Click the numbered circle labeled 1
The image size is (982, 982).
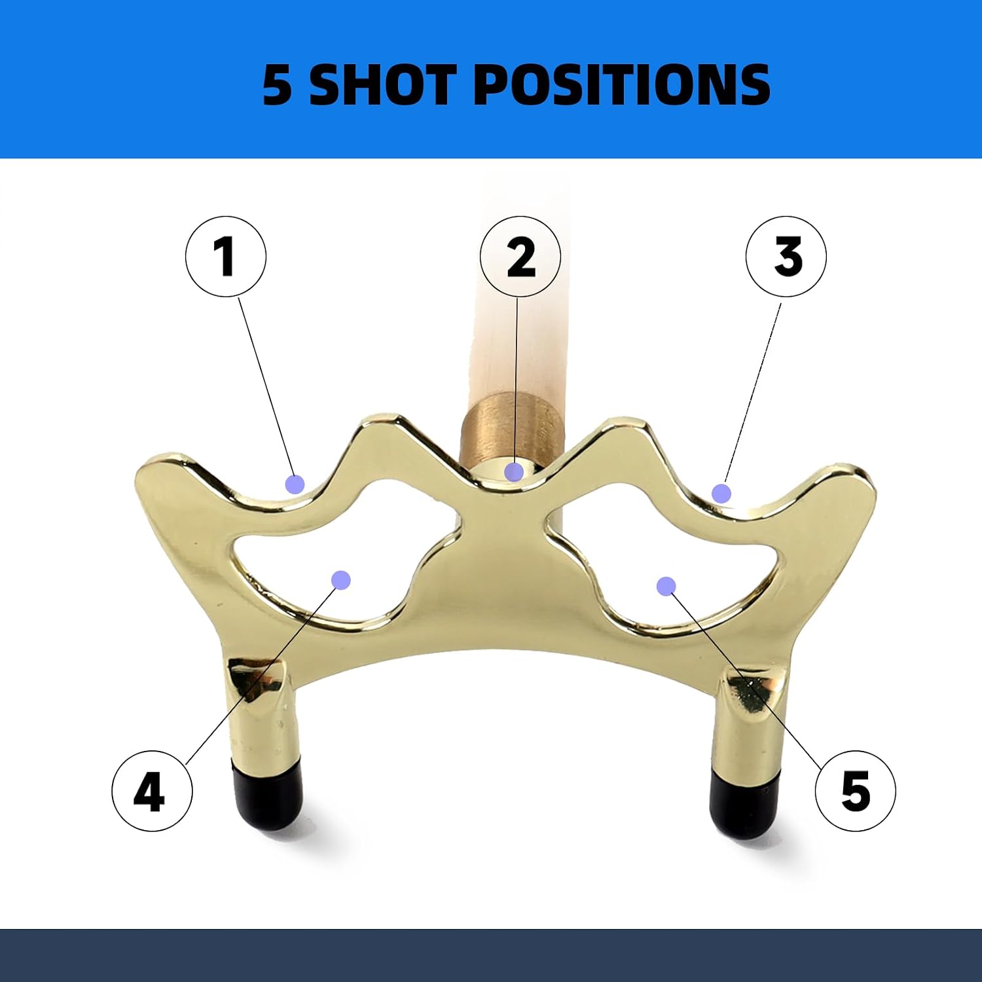point(226,257)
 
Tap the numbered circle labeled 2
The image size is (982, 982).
point(520,257)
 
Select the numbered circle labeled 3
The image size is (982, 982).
point(786,257)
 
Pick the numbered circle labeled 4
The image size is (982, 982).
point(152,791)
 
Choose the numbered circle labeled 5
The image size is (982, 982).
point(856,791)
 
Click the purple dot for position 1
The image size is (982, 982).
point(295,484)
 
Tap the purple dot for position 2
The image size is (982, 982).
point(514,471)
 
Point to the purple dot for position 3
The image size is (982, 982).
point(721,493)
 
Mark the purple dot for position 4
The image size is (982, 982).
point(341,579)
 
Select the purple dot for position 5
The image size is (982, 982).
point(666,586)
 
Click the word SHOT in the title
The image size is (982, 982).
point(382,84)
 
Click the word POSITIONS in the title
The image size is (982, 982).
point(621,84)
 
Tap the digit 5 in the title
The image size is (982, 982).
point(277,85)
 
